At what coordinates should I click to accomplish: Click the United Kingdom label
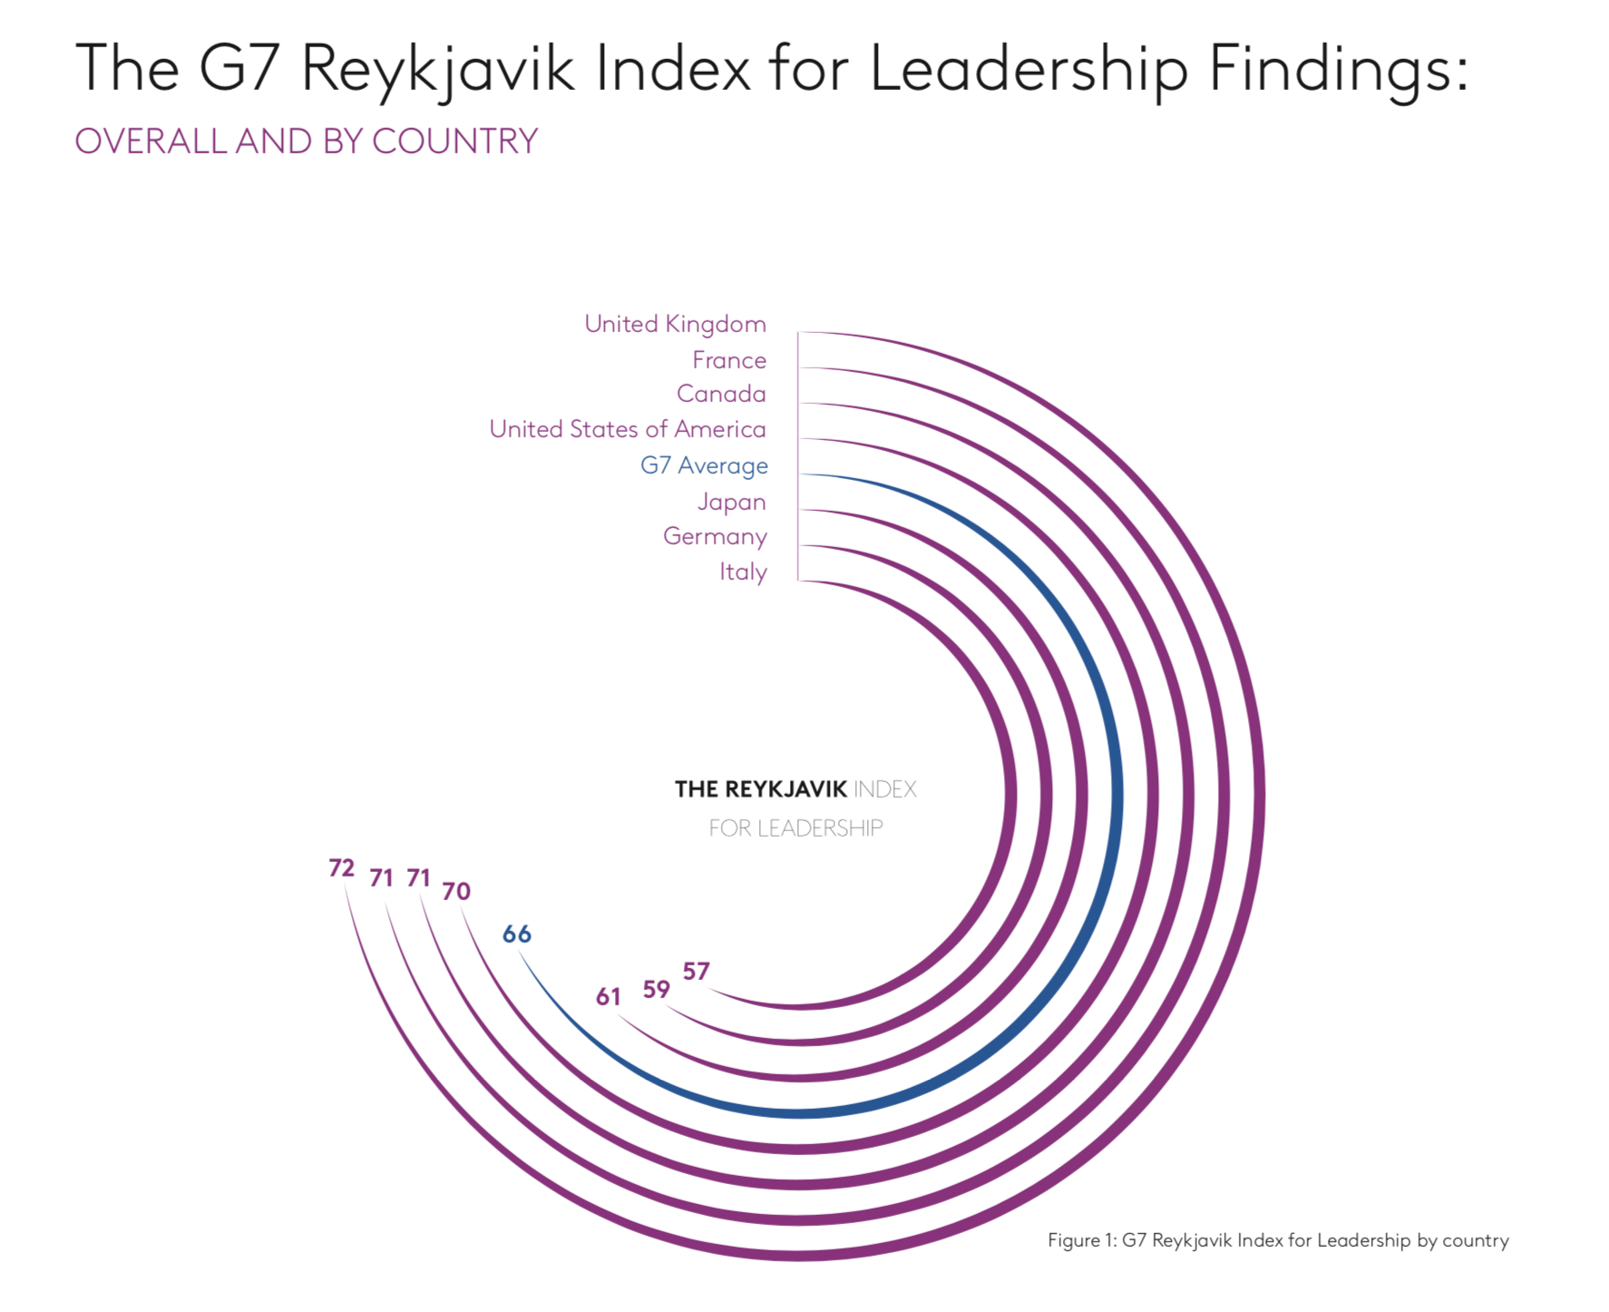coord(675,324)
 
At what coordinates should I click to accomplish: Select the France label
coord(729,360)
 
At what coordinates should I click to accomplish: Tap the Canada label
coord(721,394)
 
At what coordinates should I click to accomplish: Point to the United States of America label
coord(628,429)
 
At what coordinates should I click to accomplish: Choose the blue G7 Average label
coord(704,465)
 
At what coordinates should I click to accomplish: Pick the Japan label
coord(731,502)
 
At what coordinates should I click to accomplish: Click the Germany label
coord(715,536)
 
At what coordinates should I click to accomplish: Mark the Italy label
coord(743,572)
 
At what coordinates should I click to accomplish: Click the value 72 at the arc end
coord(341,868)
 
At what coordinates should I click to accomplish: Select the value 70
coord(456,891)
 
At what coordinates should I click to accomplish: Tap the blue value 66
coord(517,934)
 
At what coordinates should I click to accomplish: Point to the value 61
coord(609,997)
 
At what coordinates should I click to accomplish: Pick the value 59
coord(657,989)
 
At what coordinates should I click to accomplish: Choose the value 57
coord(697,972)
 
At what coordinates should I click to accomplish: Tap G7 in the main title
coord(238,69)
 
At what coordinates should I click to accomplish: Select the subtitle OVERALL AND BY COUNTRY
coord(307,142)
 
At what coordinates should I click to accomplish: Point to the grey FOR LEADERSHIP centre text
coord(795,827)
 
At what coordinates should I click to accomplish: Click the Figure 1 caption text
coord(1278,1240)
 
